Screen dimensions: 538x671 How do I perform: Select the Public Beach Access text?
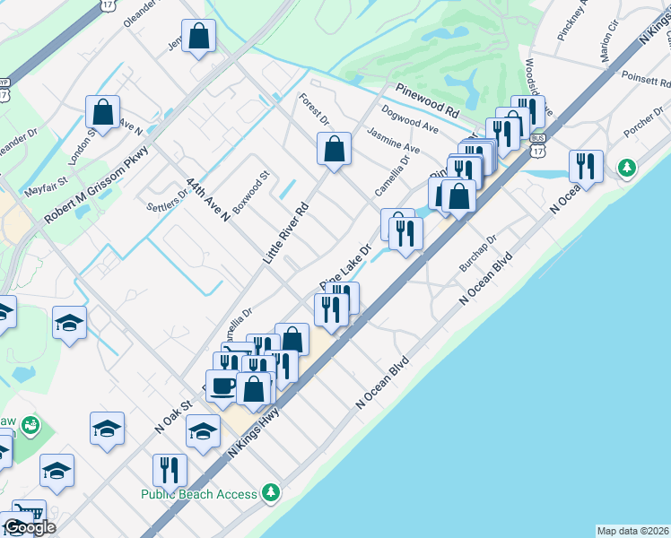pyautogui.click(x=198, y=493)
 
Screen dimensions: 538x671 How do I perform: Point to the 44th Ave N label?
pyautogui.click(x=209, y=200)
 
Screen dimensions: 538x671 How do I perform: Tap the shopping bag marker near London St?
pyautogui.click(x=103, y=112)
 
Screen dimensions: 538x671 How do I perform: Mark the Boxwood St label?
pyautogui.click(x=251, y=192)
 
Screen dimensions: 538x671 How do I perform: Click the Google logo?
pyautogui.click(x=30, y=527)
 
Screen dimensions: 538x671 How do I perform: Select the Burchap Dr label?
pyautogui.click(x=478, y=256)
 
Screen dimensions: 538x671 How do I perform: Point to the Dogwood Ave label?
pyautogui.click(x=409, y=120)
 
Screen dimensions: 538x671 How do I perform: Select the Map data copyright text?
pyautogui.click(x=632, y=531)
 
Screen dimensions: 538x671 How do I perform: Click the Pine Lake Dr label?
pyautogui.click(x=344, y=265)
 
